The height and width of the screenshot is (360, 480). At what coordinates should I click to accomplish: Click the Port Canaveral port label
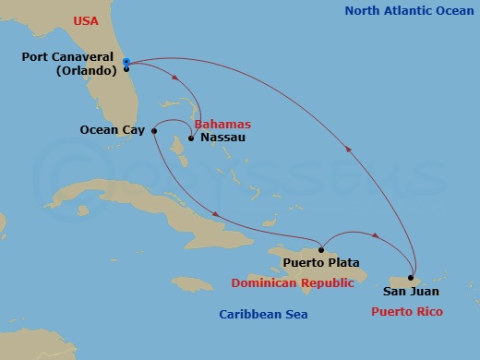[70, 57]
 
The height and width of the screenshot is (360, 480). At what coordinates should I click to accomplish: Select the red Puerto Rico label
[407, 312]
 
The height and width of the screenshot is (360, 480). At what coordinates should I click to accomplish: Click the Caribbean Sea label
[263, 315]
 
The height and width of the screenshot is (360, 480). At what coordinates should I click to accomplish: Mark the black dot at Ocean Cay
[154, 131]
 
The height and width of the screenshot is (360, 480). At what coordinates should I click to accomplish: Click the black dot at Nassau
[190, 139]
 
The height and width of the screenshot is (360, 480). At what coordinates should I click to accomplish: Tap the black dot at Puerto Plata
[320, 249]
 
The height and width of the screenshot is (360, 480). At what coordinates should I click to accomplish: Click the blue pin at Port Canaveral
[126, 62]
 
